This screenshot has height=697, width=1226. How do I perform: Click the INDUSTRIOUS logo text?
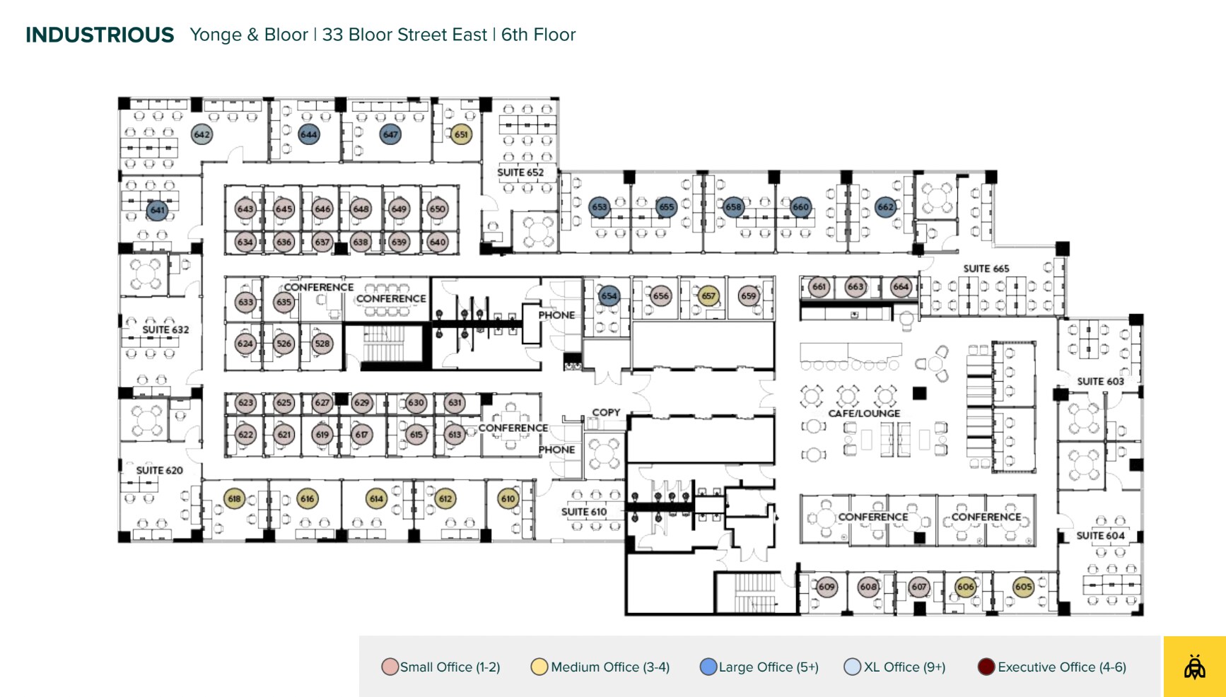click(100, 35)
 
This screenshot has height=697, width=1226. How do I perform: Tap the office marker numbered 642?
click(202, 134)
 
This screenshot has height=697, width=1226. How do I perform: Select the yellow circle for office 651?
click(461, 134)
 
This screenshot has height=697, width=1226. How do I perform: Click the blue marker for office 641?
click(157, 210)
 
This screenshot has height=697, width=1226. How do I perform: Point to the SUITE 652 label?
click(520, 172)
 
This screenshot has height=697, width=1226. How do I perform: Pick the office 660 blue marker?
click(800, 207)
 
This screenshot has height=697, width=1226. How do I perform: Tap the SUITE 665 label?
click(986, 269)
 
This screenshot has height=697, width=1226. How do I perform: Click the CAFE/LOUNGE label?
click(864, 414)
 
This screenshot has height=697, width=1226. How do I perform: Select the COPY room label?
click(606, 412)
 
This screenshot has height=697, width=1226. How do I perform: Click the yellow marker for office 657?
click(708, 296)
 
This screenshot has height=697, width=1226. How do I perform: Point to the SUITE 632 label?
click(165, 329)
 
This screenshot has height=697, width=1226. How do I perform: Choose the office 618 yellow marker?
click(234, 498)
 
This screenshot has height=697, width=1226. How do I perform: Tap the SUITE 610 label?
click(584, 512)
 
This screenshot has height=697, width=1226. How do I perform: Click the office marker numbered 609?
click(827, 587)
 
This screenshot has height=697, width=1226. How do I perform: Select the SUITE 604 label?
click(1100, 536)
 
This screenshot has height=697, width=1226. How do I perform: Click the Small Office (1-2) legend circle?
click(390, 667)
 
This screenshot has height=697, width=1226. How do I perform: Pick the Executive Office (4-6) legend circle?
click(986, 667)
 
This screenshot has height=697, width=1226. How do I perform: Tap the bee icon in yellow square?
click(1194, 667)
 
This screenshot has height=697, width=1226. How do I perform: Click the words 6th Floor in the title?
click(538, 35)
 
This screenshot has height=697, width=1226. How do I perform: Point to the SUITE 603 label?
click(1100, 382)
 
